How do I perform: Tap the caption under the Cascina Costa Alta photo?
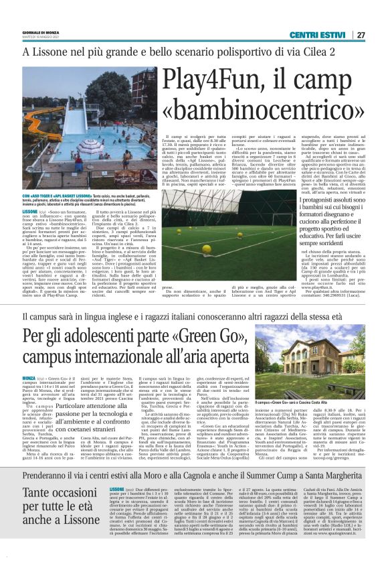[x=306, y=402]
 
